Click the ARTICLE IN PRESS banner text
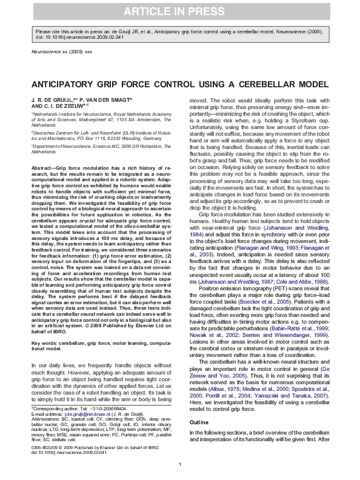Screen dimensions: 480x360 coord(179,11)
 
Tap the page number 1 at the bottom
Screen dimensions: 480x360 coord(180,465)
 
